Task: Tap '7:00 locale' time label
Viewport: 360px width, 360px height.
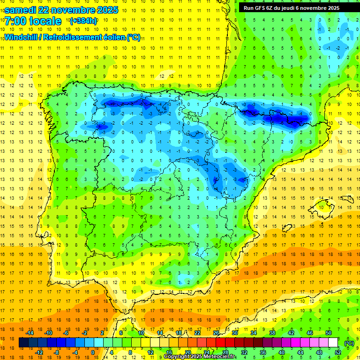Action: (33, 22)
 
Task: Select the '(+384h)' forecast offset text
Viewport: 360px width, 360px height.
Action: (83, 21)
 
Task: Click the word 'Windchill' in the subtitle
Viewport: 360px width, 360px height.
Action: (21, 37)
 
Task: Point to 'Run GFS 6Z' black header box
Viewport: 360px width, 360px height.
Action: (296, 7)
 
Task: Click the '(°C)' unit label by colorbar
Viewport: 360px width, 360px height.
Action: (349, 343)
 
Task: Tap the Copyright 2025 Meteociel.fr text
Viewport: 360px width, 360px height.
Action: (199, 357)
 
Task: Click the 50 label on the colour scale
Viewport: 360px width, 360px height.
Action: (329, 333)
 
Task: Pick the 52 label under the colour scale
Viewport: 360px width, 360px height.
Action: (337, 352)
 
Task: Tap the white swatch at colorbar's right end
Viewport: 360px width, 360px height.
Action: (333, 343)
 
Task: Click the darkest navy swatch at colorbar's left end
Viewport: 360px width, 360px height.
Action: (23, 343)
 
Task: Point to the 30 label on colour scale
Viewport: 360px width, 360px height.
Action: (235, 333)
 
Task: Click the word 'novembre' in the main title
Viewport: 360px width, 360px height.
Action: (75, 10)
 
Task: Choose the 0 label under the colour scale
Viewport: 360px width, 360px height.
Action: (92, 352)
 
